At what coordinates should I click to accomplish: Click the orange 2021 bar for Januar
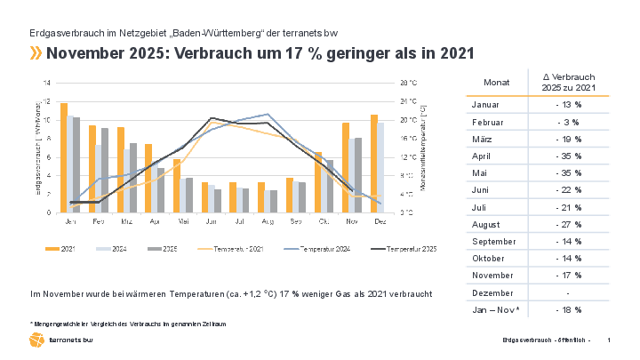[x=63, y=158]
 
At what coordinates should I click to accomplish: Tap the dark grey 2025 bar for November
[x=358, y=175]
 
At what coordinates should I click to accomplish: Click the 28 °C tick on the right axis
[x=408, y=83]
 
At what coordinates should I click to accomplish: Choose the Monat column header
[x=497, y=83]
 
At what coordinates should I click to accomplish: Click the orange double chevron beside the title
[x=36, y=53]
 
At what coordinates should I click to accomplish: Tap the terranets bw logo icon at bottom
[x=36, y=340]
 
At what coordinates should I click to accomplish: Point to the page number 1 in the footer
[x=608, y=341]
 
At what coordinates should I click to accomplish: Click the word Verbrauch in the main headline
[x=221, y=53]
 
